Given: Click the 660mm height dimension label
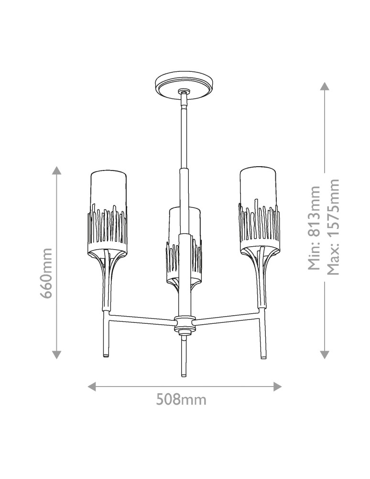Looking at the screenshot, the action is click(x=47, y=273).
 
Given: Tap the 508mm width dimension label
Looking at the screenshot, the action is click(x=181, y=399).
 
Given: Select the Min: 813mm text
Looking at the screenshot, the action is click(x=314, y=228).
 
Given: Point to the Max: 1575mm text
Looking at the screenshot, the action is click(x=333, y=227).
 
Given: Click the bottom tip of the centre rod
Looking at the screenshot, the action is click(x=183, y=375).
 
